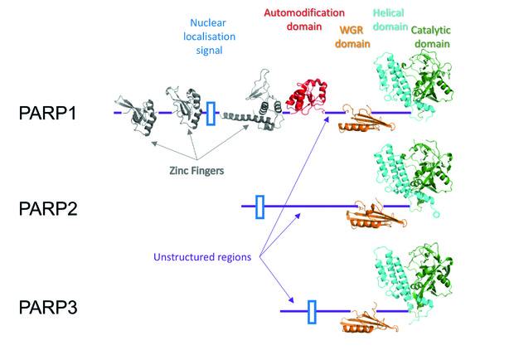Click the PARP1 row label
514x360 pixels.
tap(48, 113)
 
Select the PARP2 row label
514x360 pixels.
tap(48, 208)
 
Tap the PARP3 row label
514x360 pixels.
tap(48, 307)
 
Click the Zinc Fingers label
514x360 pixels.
tap(196, 171)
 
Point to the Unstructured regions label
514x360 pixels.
tap(202, 256)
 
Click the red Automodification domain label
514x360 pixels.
tap(304, 20)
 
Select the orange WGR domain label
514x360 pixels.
tap(352, 36)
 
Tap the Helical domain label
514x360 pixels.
tap(390, 20)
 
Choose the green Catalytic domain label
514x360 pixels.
tap(431, 36)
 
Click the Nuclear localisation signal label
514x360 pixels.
tap(209, 36)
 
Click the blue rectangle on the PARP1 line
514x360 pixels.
tap(211, 114)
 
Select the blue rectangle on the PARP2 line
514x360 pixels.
tap(260, 207)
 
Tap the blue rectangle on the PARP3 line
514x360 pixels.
tap(312, 312)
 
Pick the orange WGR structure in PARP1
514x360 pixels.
tap(366, 119)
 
